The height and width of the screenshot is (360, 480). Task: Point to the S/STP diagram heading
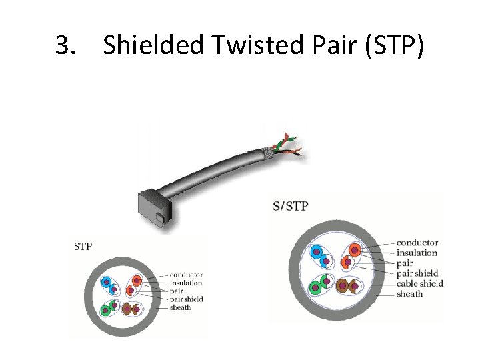tap(290, 206)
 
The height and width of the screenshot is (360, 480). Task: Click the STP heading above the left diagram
tap(83, 247)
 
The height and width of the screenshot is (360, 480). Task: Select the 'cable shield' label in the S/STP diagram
tap(419, 283)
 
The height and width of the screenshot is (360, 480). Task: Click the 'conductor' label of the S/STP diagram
tap(417, 243)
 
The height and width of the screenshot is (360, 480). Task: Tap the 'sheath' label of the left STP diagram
tap(180, 307)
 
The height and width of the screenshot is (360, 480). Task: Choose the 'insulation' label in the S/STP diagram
tap(417, 253)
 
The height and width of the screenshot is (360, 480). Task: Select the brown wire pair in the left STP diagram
tap(131, 309)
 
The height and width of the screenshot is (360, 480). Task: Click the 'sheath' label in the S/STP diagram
tap(409, 294)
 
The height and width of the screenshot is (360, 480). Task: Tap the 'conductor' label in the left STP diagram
tap(186, 275)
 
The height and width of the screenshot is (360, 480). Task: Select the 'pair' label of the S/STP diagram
tap(405, 263)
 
